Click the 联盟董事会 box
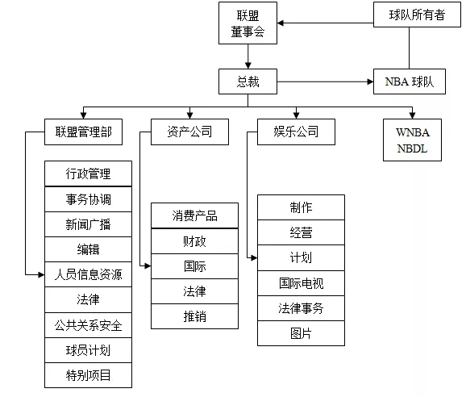click(248, 23)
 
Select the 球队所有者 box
click(417, 15)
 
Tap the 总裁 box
click(248, 81)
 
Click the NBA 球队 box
click(410, 81)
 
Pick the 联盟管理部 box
click(83, 132)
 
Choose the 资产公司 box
click(189, 132)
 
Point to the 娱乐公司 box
click(296, 132)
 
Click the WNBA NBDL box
click(412, 140)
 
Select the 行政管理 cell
click(88, 173)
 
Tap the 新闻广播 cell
click(88, 224)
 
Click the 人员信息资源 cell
click(88, 274)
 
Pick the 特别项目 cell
click(88, 375)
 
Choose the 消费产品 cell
click(194, 215)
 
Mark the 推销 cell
click(194, 316)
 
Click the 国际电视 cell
click(301, 283)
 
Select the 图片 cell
click(301, 333)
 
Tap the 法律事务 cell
click(301, 308)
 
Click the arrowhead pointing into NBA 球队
click(370, 81)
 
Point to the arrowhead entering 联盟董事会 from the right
click(281, 23)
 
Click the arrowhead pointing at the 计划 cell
click(255, 258)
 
